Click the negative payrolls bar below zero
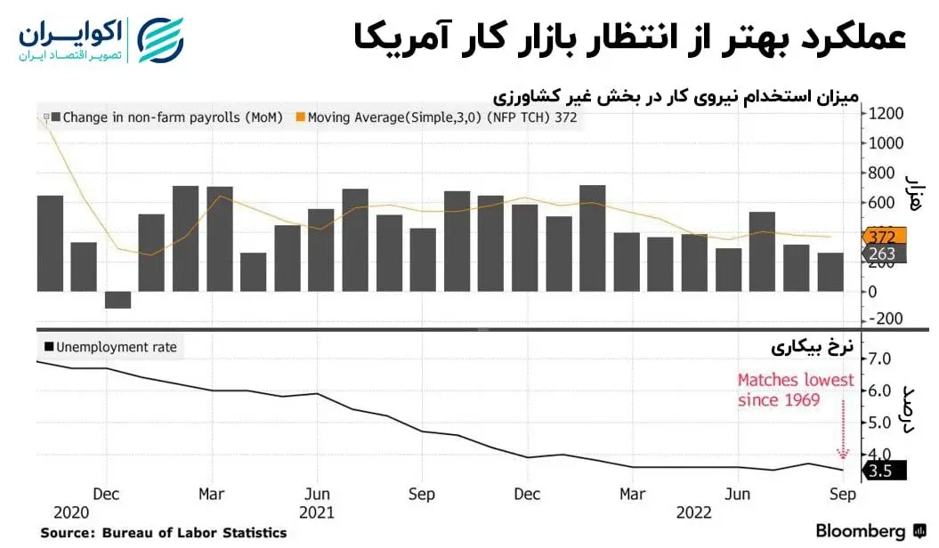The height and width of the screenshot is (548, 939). pos(117,300)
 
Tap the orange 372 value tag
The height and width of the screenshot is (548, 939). pos(885,236)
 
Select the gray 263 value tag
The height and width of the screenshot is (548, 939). pos(885,254)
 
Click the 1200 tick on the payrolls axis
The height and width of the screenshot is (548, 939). pos(886,113)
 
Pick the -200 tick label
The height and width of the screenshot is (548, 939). pos(886,318)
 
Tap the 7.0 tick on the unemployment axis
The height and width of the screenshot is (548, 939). pos(885,359)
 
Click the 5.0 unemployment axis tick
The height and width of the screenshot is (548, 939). pos(885,423)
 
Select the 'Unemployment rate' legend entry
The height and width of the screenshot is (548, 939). pos(110,347)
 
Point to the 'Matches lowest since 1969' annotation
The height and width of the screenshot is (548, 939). pos(795,390)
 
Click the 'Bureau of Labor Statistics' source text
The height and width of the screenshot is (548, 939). pos(195,533)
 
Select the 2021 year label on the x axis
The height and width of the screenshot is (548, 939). pos(317,512)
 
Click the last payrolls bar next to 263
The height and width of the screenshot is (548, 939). pos(830,271)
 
